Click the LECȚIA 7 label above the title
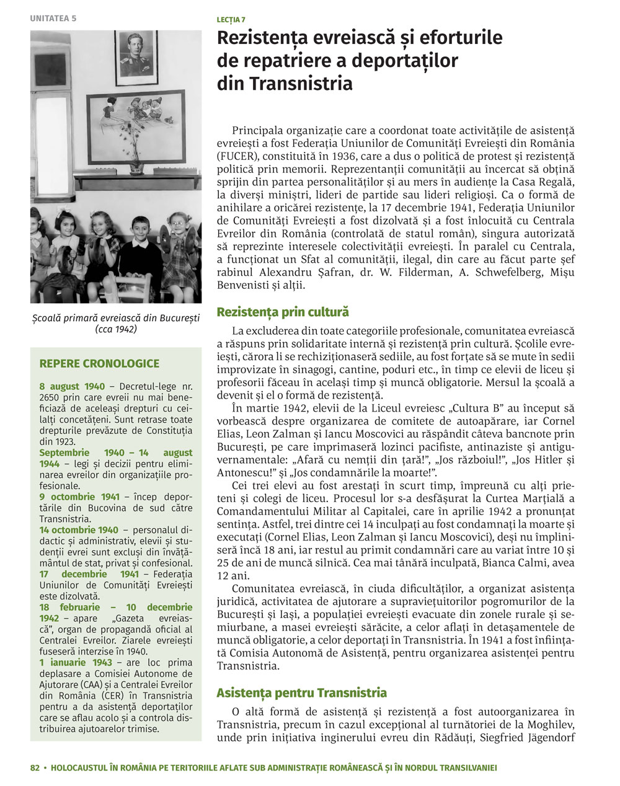[x=231, y=20]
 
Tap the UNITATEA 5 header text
[x=53, y=18]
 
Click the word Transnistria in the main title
[x=285, y=83]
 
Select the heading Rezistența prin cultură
[x=283, y=312]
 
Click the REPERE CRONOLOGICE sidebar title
[x=99, y=364]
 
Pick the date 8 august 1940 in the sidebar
[x=72, y=387]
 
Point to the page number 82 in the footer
[x=35, y=767]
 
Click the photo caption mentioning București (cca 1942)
[x=116, y=324]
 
